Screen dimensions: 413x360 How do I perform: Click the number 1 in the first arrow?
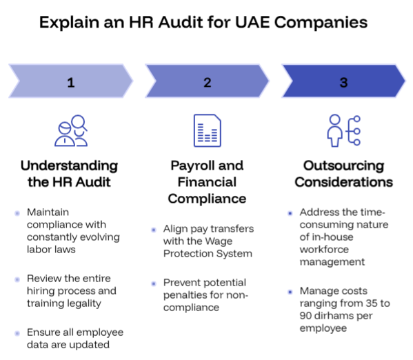point(71,83)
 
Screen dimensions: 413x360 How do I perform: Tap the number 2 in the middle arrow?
point(208,83)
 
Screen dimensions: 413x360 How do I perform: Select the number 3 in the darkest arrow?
point(344,83)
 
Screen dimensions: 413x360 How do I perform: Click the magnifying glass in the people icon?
point(79,123)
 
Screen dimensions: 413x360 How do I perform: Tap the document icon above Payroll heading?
point(208,130)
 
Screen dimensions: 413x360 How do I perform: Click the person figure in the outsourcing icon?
point(335,130)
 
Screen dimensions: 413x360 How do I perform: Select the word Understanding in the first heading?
point(69,166)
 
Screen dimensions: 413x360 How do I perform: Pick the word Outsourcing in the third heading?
point(344,166)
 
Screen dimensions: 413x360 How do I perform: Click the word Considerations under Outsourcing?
point(344,182)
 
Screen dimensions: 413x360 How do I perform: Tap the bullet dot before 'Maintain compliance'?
point(17,213)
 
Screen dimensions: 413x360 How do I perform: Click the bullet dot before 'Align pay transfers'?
point(154,230)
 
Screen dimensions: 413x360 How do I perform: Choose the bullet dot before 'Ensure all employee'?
point(17,333)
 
